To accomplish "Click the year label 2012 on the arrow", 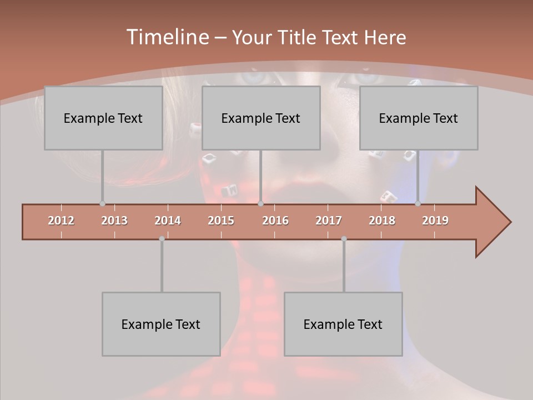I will (61, 221).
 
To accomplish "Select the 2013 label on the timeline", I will (114, 221).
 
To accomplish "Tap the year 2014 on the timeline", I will (168, 221).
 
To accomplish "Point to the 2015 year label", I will (221, 221).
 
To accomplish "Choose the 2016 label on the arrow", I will (275, 221).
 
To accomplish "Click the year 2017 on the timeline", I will (329, 221).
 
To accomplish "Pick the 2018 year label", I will (382, 221).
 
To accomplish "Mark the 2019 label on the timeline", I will (435, 221).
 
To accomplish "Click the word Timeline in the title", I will (167, 37).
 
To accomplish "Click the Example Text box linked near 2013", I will (103, 118).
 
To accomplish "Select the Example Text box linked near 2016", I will (261, 118).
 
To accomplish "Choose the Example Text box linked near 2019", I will (419, 118).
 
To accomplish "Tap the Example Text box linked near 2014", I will (161, 324).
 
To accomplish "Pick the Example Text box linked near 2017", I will (343, 324).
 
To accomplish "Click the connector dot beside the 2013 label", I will (102, 204).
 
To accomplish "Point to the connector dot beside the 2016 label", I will (261, 204).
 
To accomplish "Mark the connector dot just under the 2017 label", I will (344, 239).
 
